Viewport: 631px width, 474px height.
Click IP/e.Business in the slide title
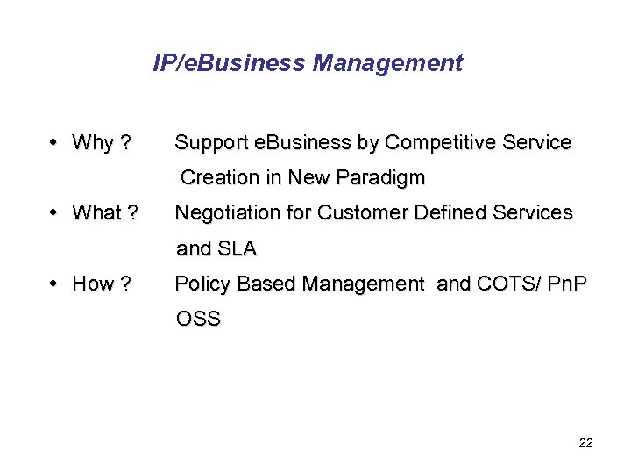(x=229, y=63)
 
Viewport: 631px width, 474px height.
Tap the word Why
(x=93, y=142)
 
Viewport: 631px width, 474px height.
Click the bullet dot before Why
(x=55, y=142)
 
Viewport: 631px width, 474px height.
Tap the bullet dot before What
(x=55, y=212)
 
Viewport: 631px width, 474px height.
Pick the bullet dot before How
(x=55, y=284)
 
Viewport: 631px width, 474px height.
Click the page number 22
(x=586, y=442)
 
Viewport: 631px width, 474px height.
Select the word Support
(x=210, y=142)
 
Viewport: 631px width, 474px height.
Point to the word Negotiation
(x=230, y=212)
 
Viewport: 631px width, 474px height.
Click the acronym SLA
(x=237, y=248)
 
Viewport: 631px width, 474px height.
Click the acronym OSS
(x=199, y=319)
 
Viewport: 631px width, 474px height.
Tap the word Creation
(x=219, y=177)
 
